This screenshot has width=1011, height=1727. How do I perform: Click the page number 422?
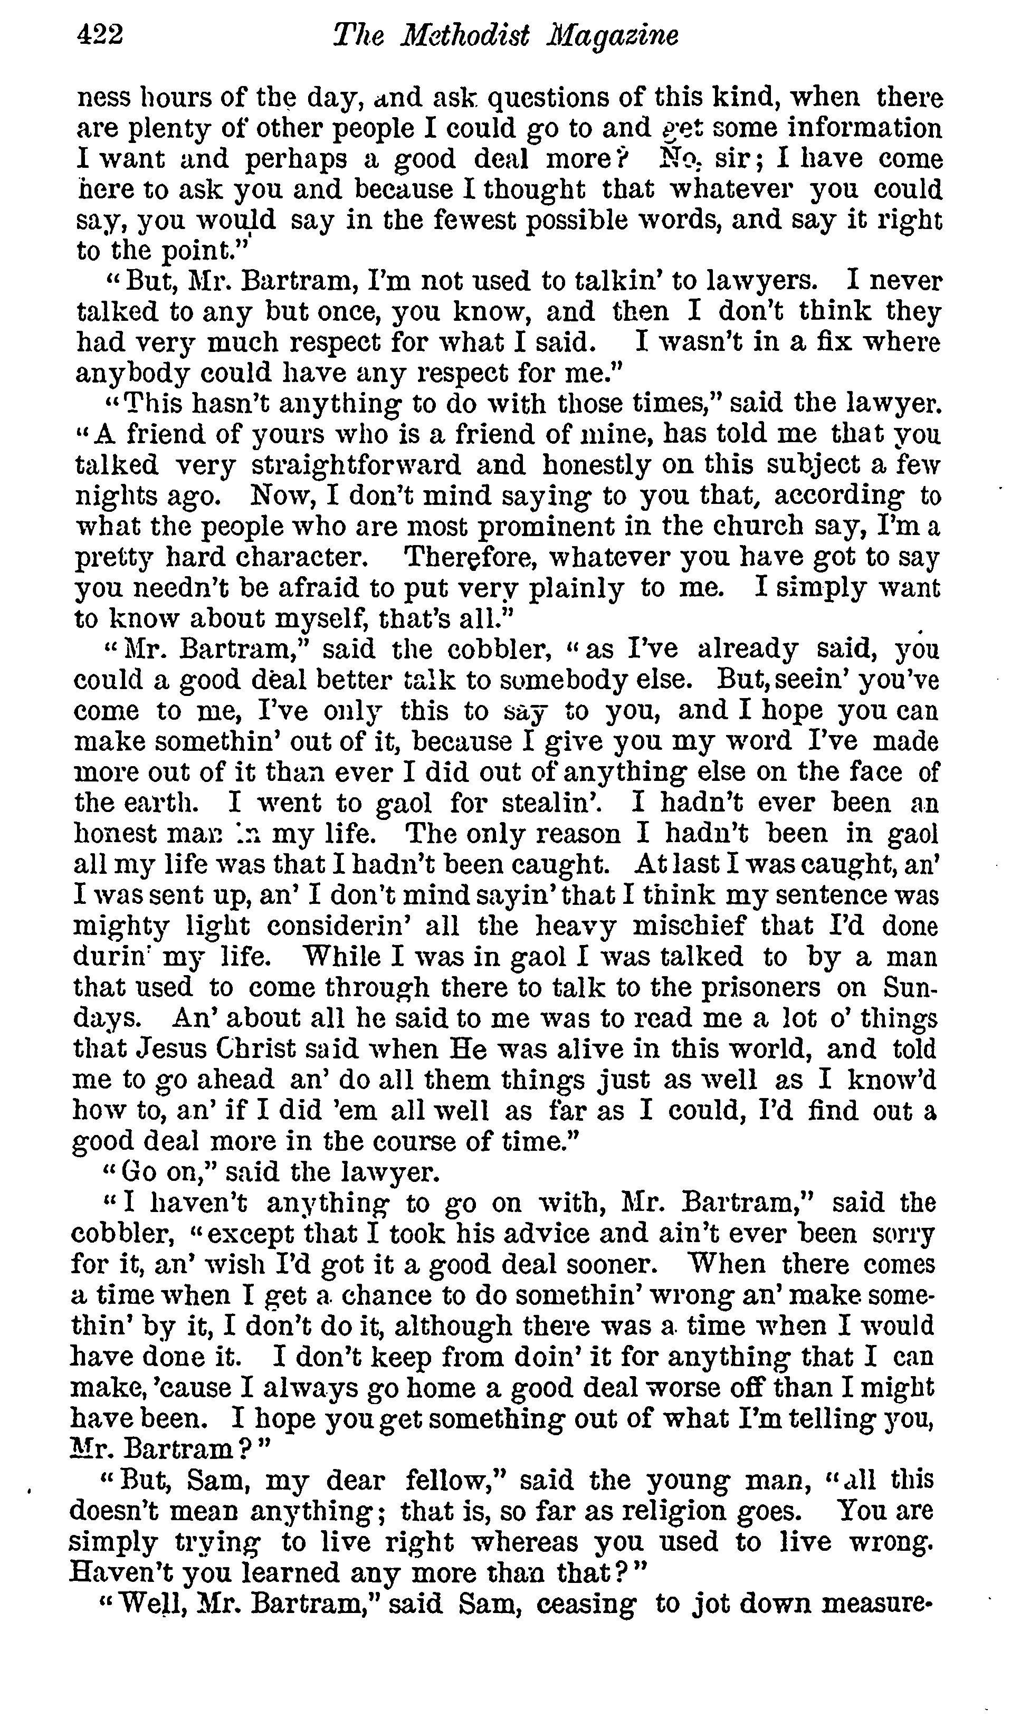click(x=100, y=35)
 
